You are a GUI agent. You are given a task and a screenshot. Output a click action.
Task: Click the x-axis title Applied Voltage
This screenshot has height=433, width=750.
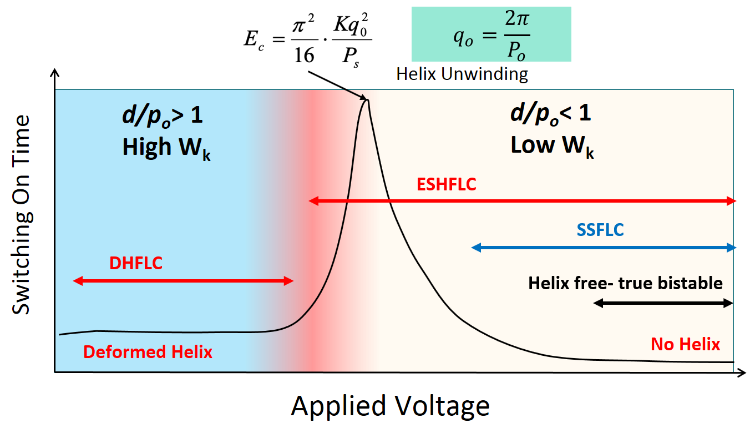390,406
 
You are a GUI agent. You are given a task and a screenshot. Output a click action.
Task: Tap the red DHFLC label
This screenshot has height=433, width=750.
136,263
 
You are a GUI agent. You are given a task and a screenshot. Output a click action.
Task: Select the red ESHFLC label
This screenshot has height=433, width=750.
447,184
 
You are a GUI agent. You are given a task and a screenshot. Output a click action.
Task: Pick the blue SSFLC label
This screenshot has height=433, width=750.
600,230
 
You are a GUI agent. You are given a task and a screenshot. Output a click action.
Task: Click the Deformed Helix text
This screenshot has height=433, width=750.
148,352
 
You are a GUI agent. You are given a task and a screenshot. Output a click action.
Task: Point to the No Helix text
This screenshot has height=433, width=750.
685,344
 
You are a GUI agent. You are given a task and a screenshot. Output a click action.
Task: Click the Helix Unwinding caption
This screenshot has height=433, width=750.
462,74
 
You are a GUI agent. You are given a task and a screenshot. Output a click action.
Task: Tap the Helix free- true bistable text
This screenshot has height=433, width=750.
625,283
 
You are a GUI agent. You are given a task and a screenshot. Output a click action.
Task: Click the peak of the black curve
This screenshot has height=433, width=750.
366,99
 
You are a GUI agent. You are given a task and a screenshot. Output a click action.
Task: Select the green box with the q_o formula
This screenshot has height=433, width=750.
491,34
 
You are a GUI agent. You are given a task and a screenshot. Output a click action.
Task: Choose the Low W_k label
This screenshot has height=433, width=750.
552,146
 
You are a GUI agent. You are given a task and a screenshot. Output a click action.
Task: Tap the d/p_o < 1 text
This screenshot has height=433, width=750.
550,114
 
